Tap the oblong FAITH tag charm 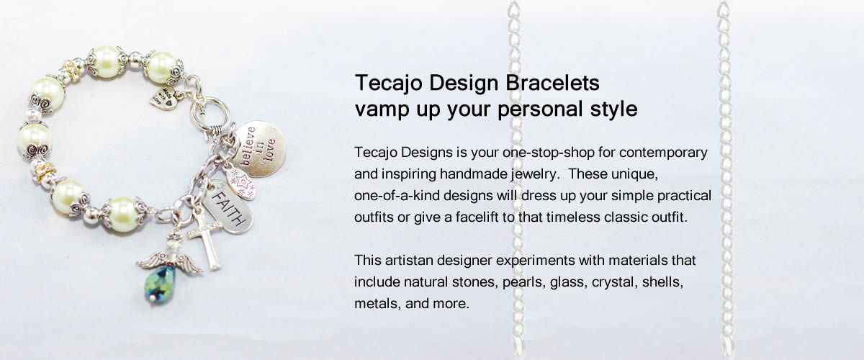228,207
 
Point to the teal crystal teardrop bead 160,284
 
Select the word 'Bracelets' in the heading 552,83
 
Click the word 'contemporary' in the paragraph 663,153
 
